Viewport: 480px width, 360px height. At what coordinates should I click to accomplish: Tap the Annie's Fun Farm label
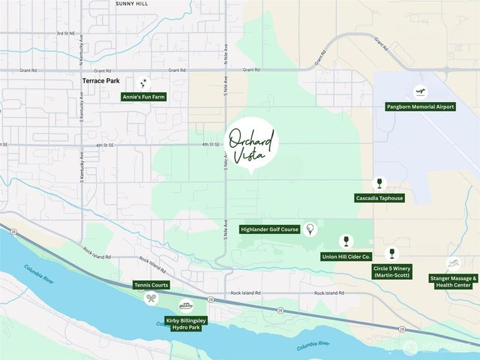tap(143, 97)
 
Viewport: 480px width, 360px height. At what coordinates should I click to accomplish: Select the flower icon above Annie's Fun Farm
tap(143, 82)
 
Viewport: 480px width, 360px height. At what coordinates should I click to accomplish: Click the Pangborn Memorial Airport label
tap(420, 106)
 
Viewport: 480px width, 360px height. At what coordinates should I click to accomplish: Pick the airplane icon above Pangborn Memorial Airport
tap(420, 92)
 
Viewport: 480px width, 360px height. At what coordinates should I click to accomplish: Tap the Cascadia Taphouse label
tap(379, 198)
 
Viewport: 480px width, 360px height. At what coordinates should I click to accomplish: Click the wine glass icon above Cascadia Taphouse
tap(379, 183)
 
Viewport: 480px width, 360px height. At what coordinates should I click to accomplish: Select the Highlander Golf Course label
tap(268, 229)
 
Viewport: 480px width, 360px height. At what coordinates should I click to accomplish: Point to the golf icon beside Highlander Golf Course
tap(310, 229)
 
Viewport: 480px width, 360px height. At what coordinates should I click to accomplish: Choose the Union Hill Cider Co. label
tap(346, 256)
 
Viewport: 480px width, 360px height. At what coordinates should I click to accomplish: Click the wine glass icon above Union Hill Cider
tap(346, 241)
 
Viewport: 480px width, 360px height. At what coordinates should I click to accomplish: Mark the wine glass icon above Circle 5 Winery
tap(391, 253)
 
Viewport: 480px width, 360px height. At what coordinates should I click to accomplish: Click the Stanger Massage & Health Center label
tap(451, 281)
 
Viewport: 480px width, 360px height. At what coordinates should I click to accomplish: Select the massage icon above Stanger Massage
tap(453, 263)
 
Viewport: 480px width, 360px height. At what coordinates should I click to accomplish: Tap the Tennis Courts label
tap(151, 285)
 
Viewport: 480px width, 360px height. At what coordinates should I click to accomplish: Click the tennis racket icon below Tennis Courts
tap(151, 298)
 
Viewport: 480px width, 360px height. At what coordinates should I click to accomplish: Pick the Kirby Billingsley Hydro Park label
tap(186, 324)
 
